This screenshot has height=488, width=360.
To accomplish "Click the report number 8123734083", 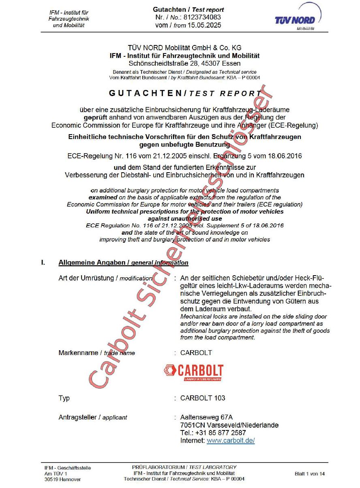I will coord(203,17).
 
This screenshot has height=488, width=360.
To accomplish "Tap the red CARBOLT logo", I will coord(194,372).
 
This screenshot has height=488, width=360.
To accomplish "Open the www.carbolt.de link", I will coord(230,441).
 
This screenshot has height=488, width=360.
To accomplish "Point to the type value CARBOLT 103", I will coord(203,398).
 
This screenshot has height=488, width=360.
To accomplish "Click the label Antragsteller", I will coord(79,417).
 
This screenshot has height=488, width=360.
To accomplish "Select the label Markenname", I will coord(79,353).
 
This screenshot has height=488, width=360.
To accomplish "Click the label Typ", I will coord(64,398).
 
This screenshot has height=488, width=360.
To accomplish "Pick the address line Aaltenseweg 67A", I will coord(206,417).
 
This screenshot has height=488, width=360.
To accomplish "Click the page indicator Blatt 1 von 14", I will coord(309,473).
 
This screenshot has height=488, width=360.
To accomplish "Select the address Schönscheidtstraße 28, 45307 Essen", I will coord(184,63).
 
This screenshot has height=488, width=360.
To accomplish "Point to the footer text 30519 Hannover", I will coord(62,479).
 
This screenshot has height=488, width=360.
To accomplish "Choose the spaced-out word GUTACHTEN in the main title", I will coord(145,93).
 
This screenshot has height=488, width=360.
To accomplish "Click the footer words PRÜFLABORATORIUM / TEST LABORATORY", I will coord(184,467).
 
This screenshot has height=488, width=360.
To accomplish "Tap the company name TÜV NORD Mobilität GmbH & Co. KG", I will coord(184,48).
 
